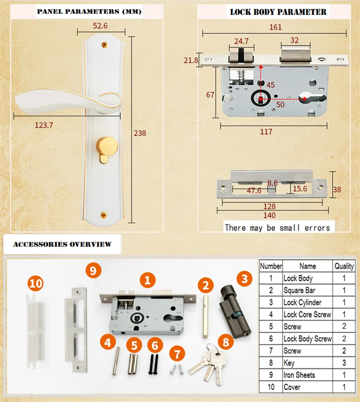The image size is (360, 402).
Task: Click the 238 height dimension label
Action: click(x=140, y=133)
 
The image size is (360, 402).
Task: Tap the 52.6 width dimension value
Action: click(x=100, y=26)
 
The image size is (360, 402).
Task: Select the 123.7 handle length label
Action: click(x=44, y=125)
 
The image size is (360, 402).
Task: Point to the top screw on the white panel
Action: click(x=104, y=45)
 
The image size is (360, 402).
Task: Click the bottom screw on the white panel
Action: click(x=103, y=215)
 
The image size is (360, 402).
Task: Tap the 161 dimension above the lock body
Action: click(x=275, y=27)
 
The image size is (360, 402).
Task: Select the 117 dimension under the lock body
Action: click(x=266, y=132)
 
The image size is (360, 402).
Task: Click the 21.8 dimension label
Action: click(x=191, y=60)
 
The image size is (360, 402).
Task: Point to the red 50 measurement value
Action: click(x=280, y=105)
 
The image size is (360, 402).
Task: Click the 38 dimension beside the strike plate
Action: click(x=337, y=189)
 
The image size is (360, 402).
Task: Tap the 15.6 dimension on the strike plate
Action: click(x=300, y=189)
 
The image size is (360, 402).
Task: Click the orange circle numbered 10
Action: click(x=36, y=283)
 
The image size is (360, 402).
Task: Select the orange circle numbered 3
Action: click(x=244, y=279)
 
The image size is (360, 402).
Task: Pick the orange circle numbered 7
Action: click(x=177, y=353)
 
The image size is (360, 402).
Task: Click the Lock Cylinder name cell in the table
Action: click(x=302, y=303)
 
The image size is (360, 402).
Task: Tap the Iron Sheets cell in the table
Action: click(x=299, y=375)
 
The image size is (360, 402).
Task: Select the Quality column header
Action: click(x=344, y=266)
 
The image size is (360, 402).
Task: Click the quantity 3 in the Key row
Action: click(x=344, y=363)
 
